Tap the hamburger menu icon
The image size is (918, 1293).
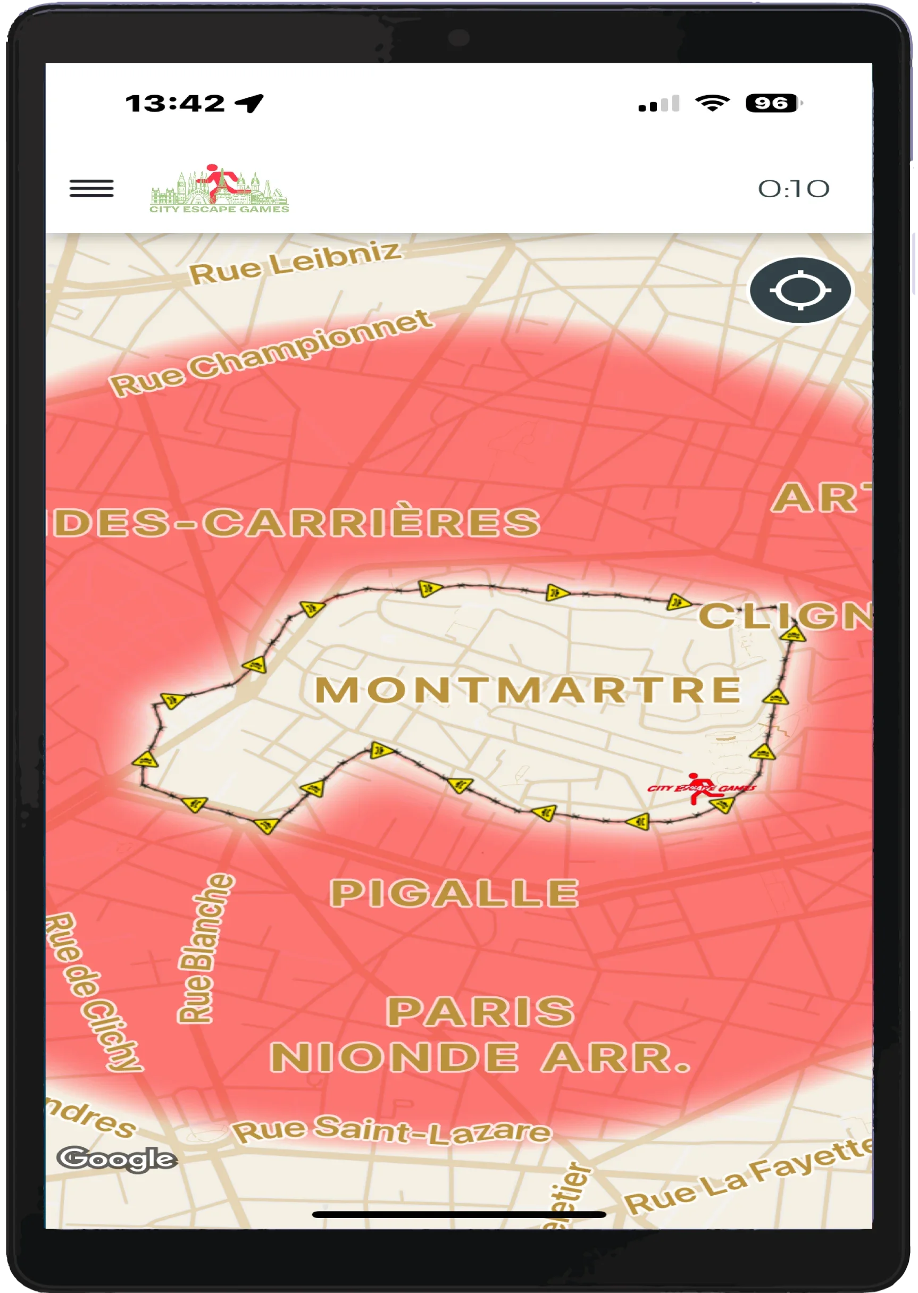[x=91, y=188]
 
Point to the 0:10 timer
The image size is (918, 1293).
[x=793, y=189]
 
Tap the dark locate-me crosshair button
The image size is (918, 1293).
[x=800, y=290]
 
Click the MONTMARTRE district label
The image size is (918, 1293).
[x=528, y=690]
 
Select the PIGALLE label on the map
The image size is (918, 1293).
[x=454, y=894]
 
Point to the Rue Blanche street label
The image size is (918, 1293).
[x=205, y=949]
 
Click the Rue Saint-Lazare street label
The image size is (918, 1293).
[x=393, y=1130]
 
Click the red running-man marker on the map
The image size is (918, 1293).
[x=701, y=788]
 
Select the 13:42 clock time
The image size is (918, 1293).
[x=175, y=104]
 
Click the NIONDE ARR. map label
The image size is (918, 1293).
[x=480, y=1057]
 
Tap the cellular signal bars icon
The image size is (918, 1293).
[x=658, y=104]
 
